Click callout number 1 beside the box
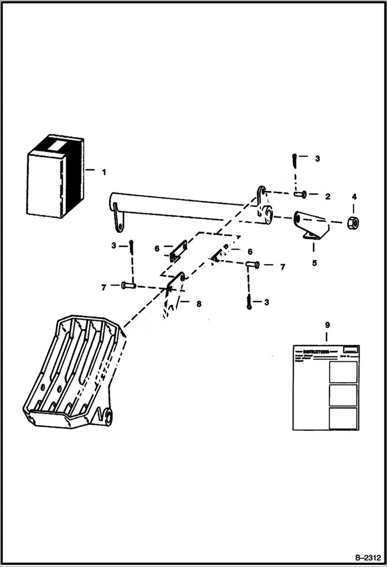103,172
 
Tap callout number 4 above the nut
354,196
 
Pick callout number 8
198,304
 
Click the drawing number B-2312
368,558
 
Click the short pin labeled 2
301,195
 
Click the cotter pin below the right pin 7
250,302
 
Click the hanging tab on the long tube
118,219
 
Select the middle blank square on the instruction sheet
343,395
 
